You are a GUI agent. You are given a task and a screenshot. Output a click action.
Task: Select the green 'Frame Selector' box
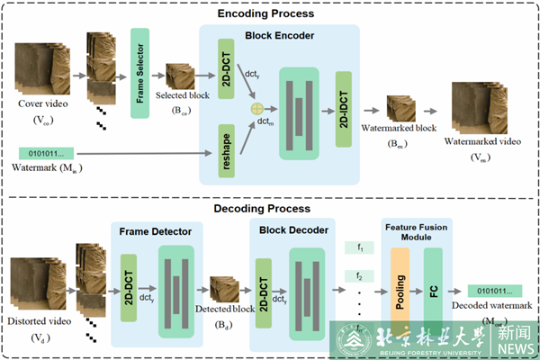139,67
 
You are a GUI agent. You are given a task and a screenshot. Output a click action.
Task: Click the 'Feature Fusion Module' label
416,230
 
